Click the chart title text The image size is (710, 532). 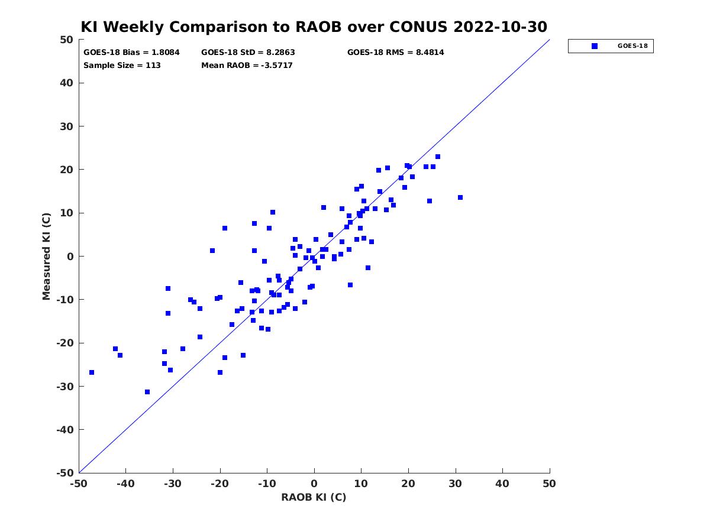(x=314, y=27)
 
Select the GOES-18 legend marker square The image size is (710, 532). (x=594, y=46)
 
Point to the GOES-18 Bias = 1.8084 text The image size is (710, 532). (x=131, y=53)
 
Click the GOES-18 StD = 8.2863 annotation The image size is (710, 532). (x=248, y=53)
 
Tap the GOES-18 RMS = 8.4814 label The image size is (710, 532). (x=395, y=53)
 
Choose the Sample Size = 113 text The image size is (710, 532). (x=122, y=65)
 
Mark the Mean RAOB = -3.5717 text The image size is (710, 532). (x=247, y=65)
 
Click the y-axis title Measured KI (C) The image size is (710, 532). (x=46, y=256)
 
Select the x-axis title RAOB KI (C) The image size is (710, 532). (x=314, y=497)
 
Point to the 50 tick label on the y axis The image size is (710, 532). (x=67, y=40)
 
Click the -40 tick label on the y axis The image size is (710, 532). (x=64, y=430)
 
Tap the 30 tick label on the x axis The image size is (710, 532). (x=455, y=484)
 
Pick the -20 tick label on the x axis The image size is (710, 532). (x=220, y=484)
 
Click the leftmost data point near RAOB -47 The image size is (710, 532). (x=92, y=372)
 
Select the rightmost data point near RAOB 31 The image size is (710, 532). (x=460, y=197)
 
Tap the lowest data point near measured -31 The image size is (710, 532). (x=147, y=392)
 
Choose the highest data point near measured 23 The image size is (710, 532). (x=438, y=157)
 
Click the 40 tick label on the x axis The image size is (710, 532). (x=502, y=484)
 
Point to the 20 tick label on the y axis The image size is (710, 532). (x=67, y=170)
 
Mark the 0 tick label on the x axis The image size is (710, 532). (x=314, y=484)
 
